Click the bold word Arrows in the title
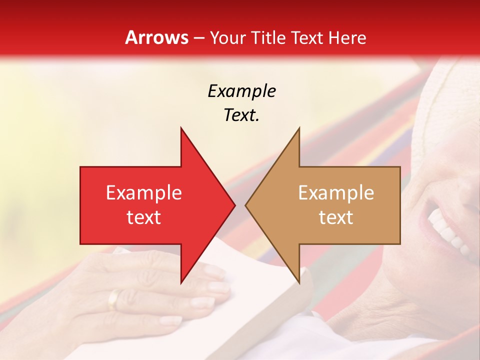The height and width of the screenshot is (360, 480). click(x=156, y=37)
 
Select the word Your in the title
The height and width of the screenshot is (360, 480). click(x=227, y=37)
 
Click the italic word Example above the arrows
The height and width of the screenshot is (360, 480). click(x=241, y=91)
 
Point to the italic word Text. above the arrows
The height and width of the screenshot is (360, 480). click(x=241, y=115)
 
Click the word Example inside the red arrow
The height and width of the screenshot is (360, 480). click(x=143, y=192)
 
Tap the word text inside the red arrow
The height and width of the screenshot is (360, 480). click(x=143, y=217)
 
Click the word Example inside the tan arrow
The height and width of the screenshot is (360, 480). click(x=336, y=192)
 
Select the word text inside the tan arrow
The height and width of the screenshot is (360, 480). click(x=336, y=217)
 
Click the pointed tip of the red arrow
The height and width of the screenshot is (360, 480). click(x=233, y=205)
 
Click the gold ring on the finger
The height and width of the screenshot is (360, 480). click(x=114, y=299)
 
